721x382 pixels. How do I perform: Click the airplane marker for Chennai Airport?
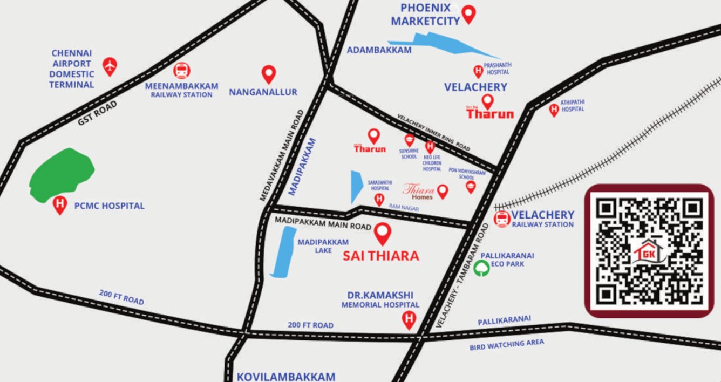(x=110, y=66)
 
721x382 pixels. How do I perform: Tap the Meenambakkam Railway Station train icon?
(x=182, y=71)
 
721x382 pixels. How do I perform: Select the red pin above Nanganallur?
(x=268, y=73)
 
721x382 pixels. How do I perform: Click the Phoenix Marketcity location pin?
(x=469, y=13)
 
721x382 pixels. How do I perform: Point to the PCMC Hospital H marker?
(x=60, y=205)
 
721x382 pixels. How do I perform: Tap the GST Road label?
(x=97, y=113)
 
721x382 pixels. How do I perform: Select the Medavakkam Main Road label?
(x=282, y=155)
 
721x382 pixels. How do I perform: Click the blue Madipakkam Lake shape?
(x=283, y=252)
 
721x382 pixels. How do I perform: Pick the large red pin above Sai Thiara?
(x=383, y=233)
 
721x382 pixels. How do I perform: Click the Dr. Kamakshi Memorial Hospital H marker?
(x=409, y=320)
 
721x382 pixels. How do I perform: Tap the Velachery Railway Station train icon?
(x=502, y=219)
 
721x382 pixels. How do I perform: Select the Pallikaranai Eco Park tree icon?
(x=481, y=268)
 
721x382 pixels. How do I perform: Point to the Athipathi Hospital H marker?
(x=554, y=110)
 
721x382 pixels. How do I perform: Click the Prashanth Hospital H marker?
(x=478, y=71)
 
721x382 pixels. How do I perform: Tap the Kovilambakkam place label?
(x=286, y=376)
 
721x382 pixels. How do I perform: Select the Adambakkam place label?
(x=379, y=50)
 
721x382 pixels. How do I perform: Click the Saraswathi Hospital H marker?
(x=379, y=200)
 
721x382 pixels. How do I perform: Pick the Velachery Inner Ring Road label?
(x=434, y=133)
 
